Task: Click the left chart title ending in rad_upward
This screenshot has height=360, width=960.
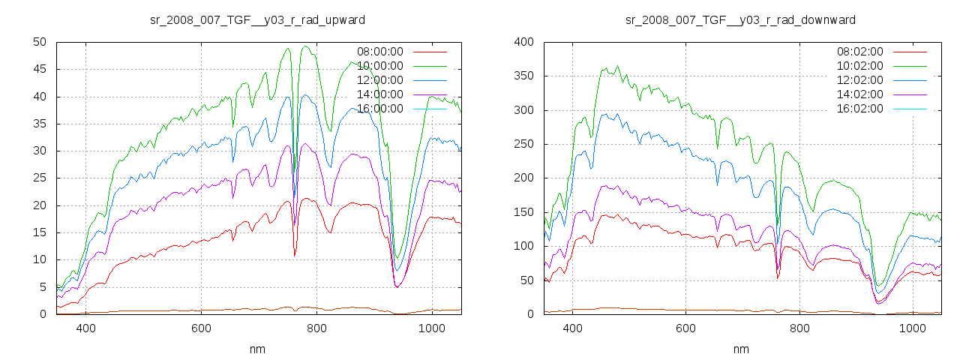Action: pos(258,19)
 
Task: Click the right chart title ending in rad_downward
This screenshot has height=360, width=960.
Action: pos(740,19)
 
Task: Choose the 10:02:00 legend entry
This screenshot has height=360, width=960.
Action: pos(859,66)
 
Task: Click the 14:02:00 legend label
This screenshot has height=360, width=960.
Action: pos(859,94)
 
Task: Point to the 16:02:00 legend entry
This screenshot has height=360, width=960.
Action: pos(859,109)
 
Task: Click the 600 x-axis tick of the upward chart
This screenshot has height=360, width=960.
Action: pos(201,328)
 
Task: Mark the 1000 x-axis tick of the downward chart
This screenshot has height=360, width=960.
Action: pos(912,328)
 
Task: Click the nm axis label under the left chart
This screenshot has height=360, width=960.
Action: pos(258,349)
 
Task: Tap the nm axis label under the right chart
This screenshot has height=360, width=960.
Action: pos(740,349)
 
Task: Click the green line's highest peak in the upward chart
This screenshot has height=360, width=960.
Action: pos(306,46)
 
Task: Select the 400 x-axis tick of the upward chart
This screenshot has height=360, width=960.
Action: pos(85,328)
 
